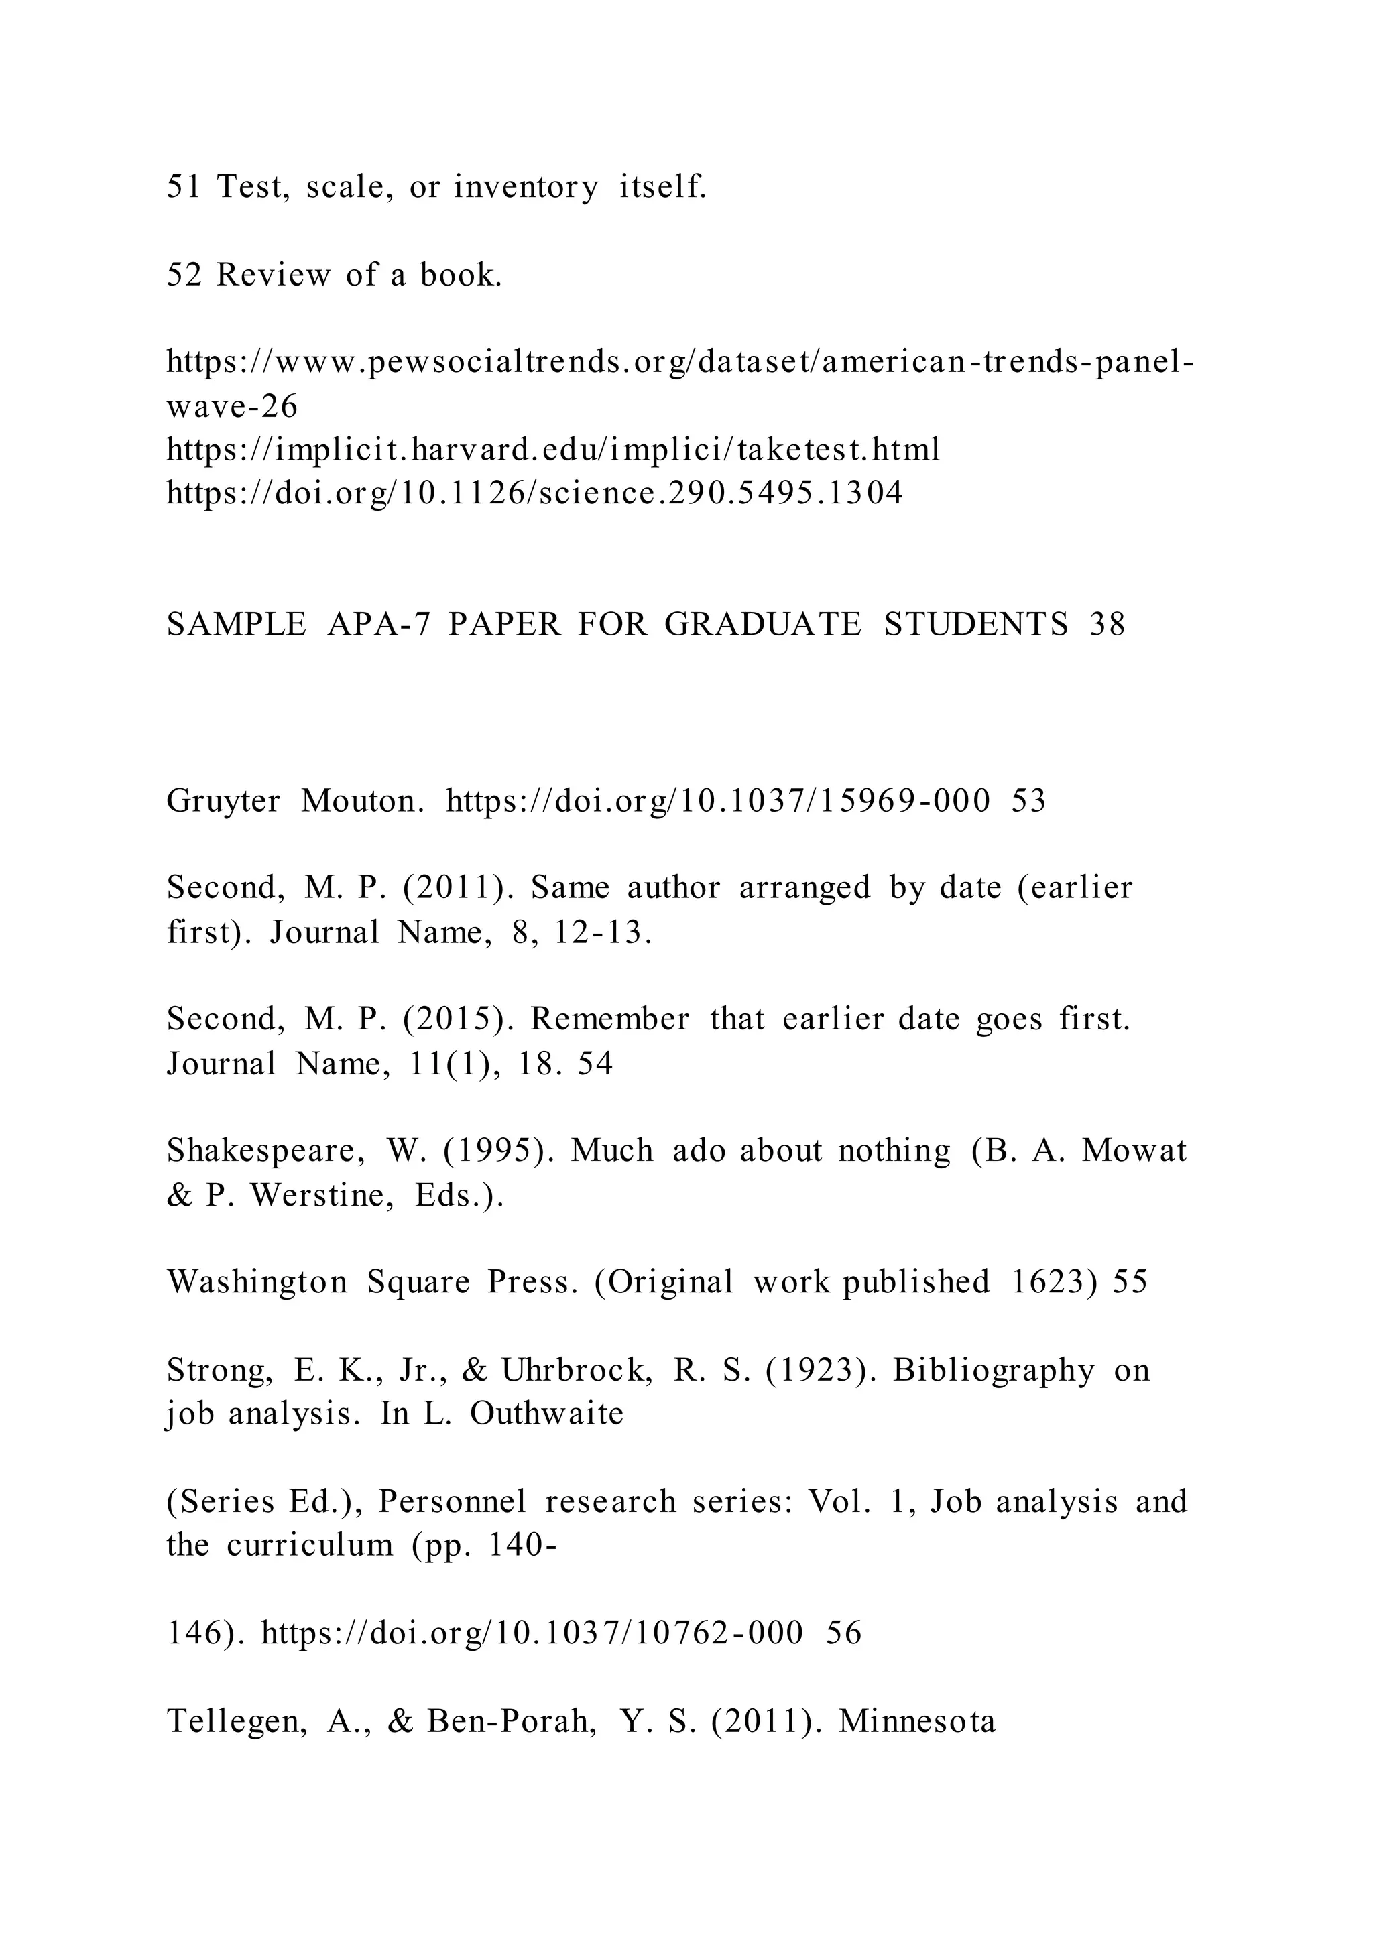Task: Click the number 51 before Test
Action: [x=184, y=187]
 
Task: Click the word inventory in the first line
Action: [x=526, y=187]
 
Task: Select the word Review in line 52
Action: [x=273, y=275]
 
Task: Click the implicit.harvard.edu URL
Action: [x=553, y=450]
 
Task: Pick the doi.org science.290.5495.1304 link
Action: [x=534, y=493]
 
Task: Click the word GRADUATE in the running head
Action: [x=762, y=625]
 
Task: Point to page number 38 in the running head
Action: [x=1108, y=625]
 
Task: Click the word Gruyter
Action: [x=223, y=800]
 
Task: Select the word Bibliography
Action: [x=994, y=1371]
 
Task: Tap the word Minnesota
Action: [x=917, y=1721]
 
